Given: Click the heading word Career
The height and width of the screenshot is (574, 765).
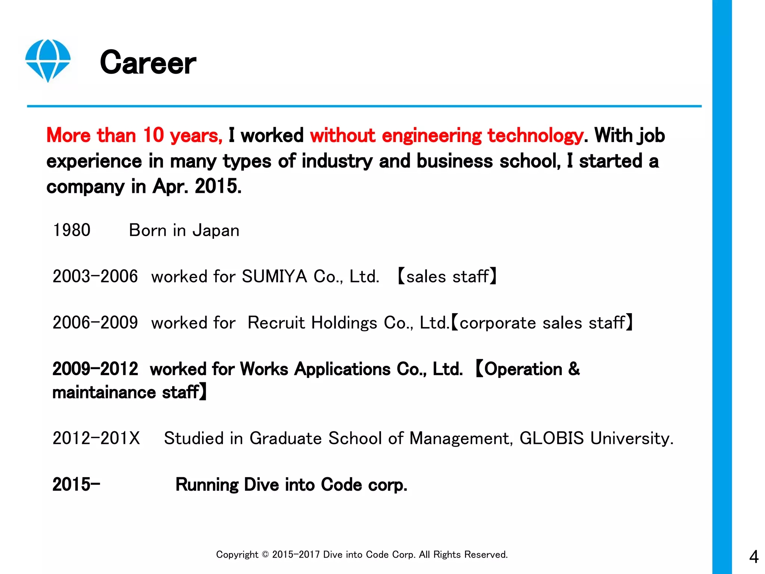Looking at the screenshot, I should point(148,63).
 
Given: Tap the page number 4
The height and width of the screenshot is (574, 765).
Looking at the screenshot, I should point(754,557).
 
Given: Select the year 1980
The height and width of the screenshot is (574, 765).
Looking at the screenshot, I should point(72,230).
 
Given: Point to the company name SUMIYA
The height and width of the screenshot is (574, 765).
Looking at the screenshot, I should point(275,277).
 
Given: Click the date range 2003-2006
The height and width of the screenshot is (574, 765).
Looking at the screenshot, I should point(95,277).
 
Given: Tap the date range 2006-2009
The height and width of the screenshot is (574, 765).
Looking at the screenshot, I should point(95,323).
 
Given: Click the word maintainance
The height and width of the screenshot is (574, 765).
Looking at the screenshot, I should point(104,392).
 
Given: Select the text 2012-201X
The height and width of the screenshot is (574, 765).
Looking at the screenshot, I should point(96,438).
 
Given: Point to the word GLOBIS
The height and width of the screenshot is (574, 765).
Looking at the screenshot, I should point(551,438).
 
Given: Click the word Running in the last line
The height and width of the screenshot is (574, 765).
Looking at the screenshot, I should point(207,485).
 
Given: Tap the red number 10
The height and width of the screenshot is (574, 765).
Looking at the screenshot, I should point(154,135).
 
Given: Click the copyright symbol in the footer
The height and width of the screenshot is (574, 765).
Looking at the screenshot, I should point(265,555).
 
